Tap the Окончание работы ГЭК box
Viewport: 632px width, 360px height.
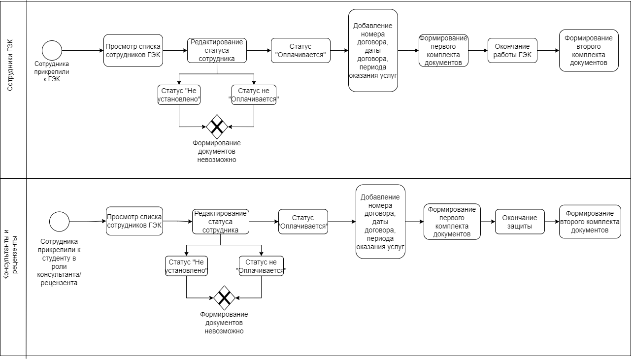pos(512,51)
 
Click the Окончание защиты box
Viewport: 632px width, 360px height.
pos(520,222)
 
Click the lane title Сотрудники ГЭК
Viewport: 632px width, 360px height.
pos(10,65)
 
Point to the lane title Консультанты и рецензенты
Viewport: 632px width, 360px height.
pos(10,255)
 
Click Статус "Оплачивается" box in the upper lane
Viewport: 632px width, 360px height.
pos(300,51)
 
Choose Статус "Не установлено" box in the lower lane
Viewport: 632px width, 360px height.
pos(186,266)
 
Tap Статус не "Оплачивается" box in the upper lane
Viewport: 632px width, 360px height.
pos(254,95)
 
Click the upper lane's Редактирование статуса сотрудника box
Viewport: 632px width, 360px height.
pos(217,51)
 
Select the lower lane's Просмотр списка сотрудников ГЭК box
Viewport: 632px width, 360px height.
pos(134,221)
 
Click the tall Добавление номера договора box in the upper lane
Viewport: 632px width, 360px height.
pos(373,51)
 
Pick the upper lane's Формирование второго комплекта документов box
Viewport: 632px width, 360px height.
pos(589,51)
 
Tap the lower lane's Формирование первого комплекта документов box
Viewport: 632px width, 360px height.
pos(452,222)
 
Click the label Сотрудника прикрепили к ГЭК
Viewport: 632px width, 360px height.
pos(52,71)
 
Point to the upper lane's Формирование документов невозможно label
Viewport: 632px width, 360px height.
pos(217,151)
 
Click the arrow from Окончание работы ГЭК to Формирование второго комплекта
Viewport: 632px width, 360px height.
pos(548,51)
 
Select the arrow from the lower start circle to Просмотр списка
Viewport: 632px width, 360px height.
pos(88,222)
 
